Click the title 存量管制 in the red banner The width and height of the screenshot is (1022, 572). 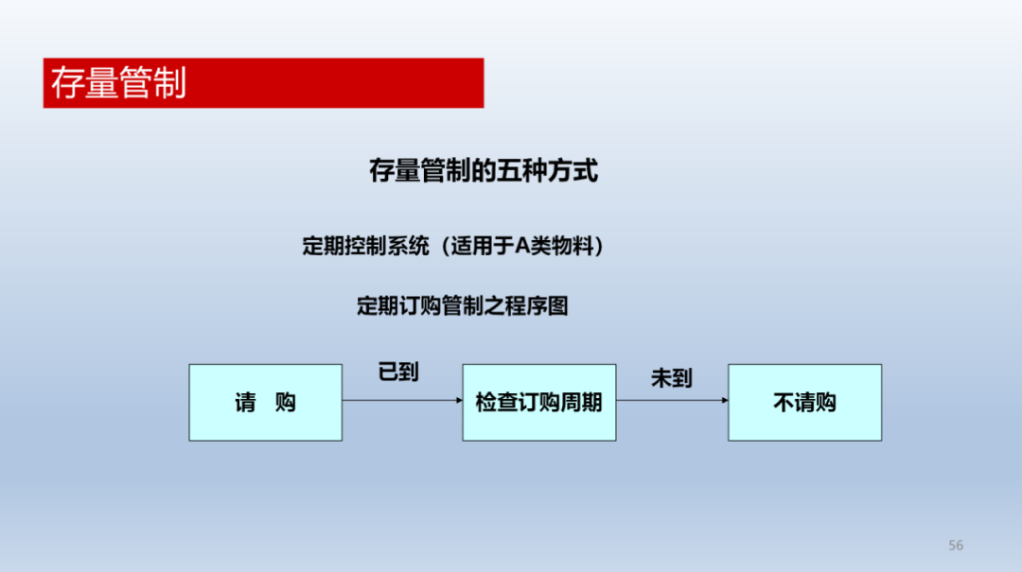[118, 83]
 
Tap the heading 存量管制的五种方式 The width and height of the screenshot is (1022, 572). [483, 171]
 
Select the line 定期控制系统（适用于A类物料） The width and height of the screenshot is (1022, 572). [453, 246]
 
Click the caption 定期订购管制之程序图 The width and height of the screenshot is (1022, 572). [462, 305]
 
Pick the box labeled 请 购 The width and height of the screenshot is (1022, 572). [265, 403]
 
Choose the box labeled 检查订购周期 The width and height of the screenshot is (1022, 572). [539, 403]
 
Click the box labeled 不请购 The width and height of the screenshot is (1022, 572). [805, 403]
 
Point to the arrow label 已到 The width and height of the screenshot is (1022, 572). [398, 372]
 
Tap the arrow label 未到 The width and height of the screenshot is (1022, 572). [671, 378]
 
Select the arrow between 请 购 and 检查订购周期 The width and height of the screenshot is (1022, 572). [402, 400]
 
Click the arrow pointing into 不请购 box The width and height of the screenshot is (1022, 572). [672, 400]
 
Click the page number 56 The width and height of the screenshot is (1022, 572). [956, 546]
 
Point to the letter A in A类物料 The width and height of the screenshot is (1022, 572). [522, 246]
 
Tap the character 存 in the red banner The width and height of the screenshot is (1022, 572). [68, 83]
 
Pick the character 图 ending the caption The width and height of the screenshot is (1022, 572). [558, 305]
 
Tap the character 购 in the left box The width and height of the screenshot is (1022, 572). [286, 403]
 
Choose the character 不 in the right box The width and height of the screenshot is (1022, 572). [784, 403]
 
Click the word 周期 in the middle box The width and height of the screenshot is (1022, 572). [581, 403]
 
